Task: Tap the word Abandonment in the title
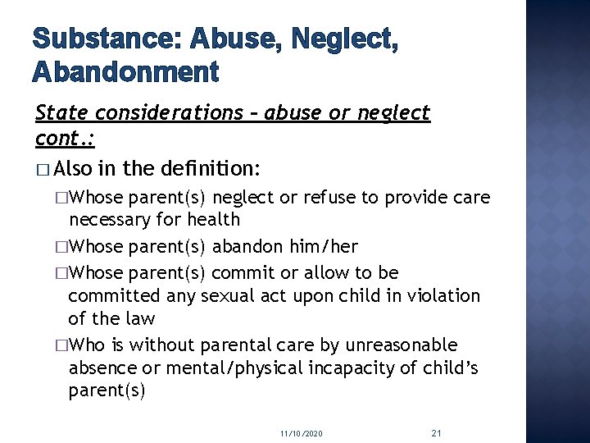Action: click(125, 72)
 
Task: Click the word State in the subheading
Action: click(62, 113)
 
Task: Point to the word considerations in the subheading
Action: click(168, 113)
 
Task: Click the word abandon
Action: click(246, 246)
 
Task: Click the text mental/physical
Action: click(234, 368)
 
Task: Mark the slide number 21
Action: click(436, 432)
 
